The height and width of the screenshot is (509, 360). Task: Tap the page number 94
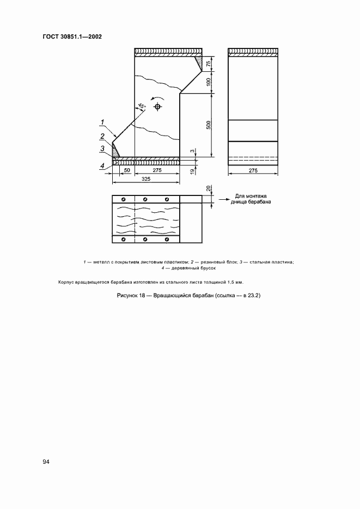click(46, 462)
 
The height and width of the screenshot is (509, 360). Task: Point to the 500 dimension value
click(209, 125)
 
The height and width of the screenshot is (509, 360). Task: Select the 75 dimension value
click(209, 63)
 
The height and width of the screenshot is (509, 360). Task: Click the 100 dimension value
click(209, 82)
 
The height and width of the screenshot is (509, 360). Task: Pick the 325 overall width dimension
click(146, 179)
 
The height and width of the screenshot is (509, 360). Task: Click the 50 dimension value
click(126, 170)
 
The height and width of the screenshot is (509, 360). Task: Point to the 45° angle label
click(142, 106)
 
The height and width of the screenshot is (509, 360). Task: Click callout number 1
click(101, 121)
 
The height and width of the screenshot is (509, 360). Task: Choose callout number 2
click(101, 136)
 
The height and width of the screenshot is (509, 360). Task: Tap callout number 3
click(101, 148)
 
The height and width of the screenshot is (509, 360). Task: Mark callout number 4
click(101, 166)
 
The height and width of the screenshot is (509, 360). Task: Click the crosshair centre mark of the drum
click(157, 107)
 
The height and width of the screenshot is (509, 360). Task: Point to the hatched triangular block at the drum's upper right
click(200, 62)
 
